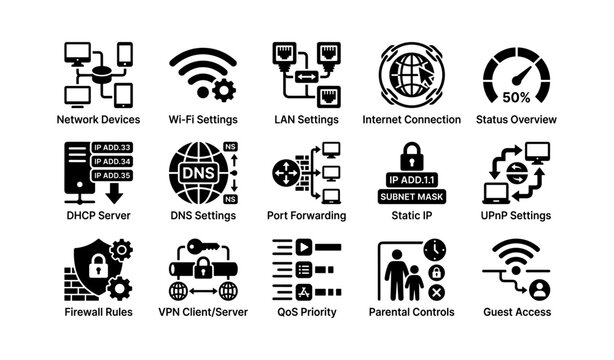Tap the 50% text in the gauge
pyautogui.click(x=516, y=98)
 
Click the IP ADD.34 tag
pyautogui.click(x=111, y=160)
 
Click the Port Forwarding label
pyautogui.click(x=307, y=215)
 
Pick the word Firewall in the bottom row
pyautogui.click(x=82, y=312)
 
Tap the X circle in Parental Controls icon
pyautogui.click(x=436, y=292)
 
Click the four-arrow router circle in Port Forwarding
pyautogui.click(x=285, y=171)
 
